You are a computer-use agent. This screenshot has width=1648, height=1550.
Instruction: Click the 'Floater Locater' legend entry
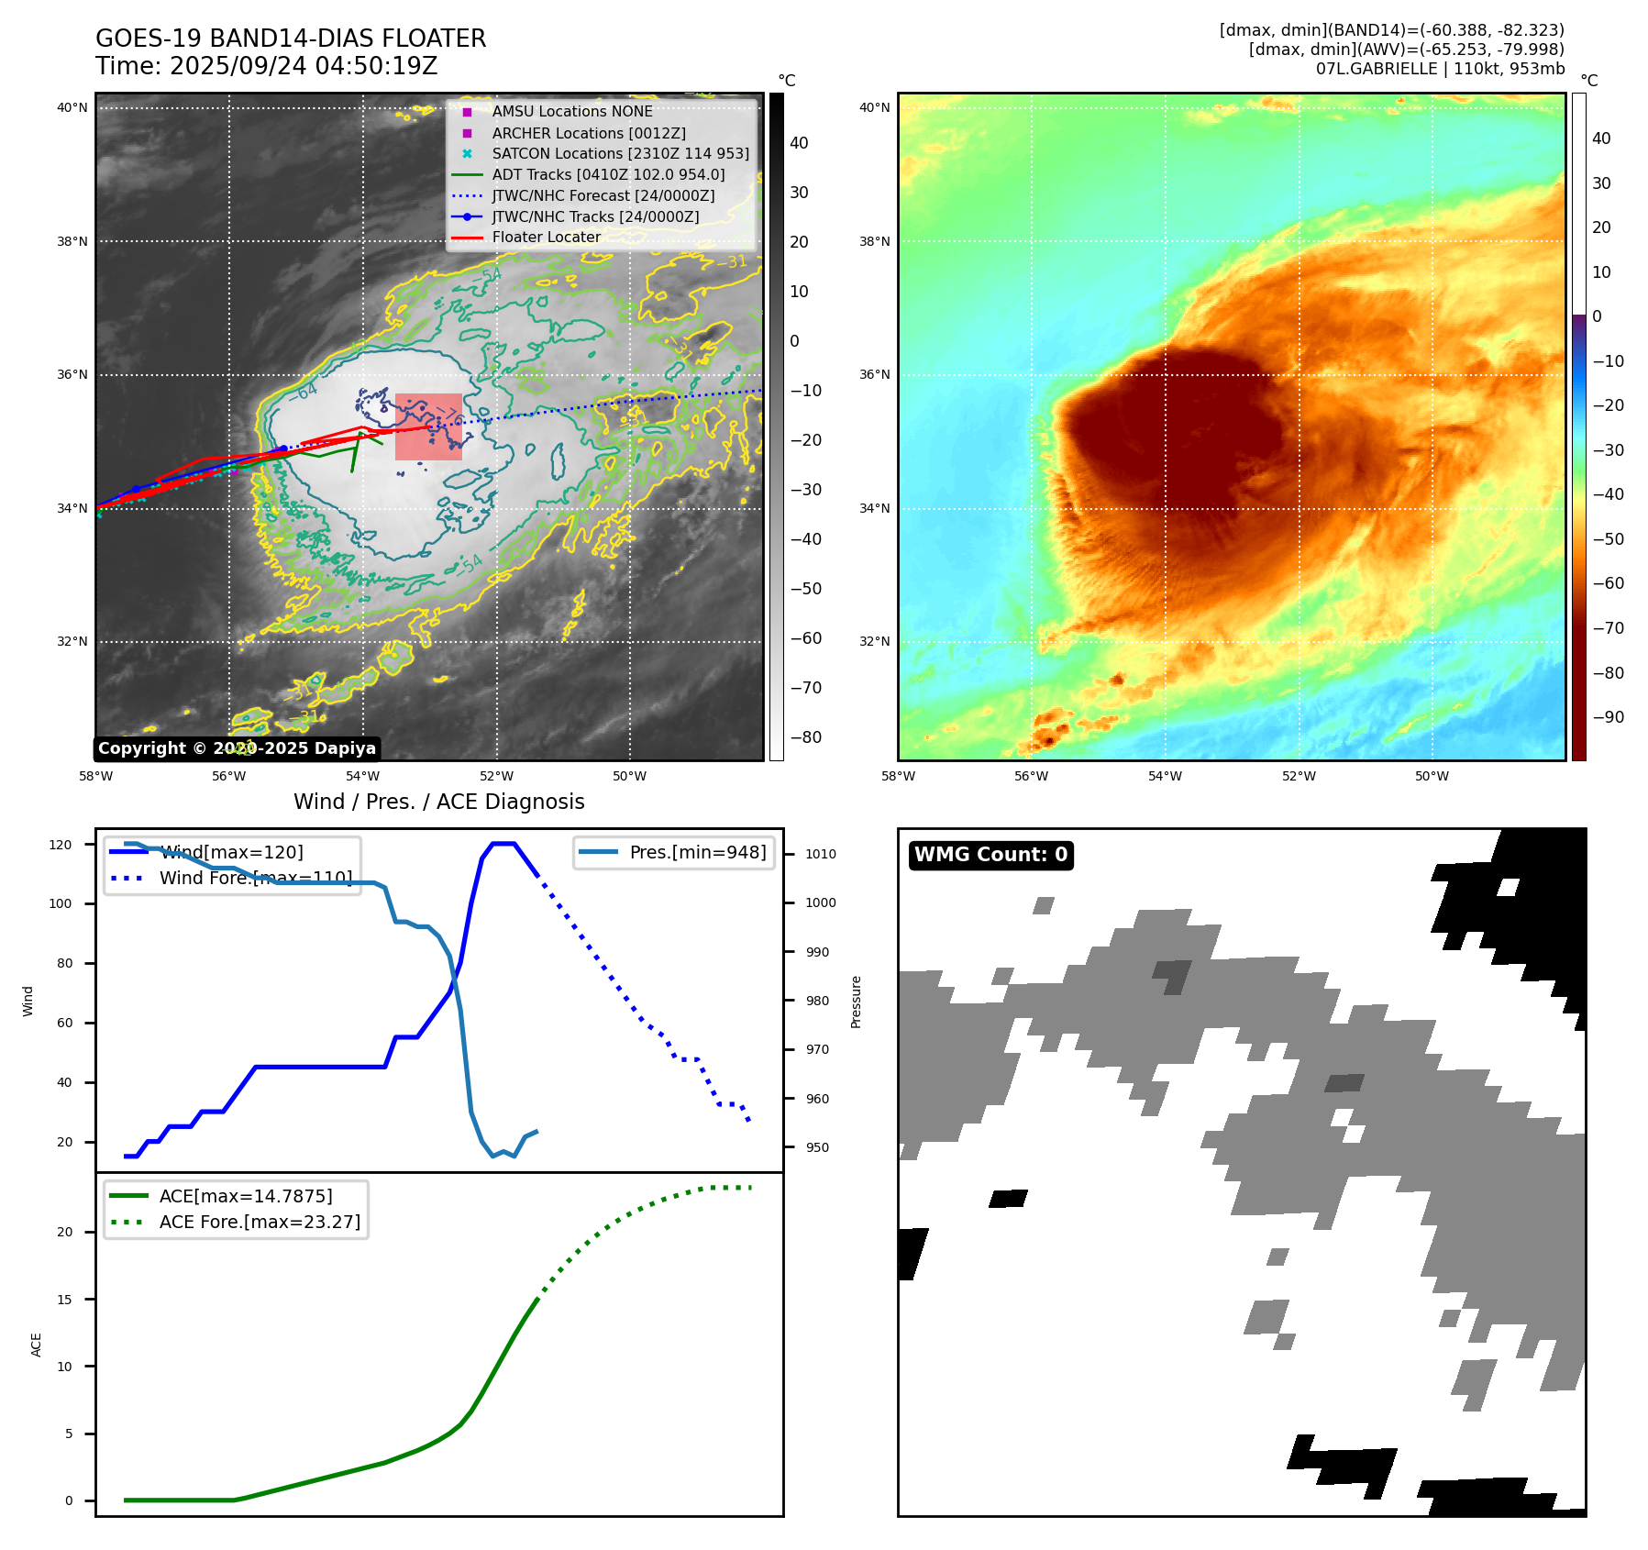546,238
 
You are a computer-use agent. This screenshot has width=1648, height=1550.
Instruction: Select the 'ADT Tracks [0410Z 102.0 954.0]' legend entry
608,174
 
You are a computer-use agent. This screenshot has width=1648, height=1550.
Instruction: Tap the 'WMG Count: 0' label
990,855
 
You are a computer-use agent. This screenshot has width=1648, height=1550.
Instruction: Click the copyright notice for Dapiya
237,748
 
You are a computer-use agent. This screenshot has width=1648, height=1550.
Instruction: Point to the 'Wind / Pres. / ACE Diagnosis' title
438,802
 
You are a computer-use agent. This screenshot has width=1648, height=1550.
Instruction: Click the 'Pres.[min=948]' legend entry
697,852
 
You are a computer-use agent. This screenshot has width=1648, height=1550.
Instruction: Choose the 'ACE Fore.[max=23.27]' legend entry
260,1222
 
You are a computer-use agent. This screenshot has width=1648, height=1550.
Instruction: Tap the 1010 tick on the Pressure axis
821,854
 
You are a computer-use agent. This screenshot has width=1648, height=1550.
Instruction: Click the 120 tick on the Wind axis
61,845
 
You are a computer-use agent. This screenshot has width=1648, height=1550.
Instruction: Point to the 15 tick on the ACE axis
65,1300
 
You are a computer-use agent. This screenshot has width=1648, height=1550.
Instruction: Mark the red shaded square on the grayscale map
428,427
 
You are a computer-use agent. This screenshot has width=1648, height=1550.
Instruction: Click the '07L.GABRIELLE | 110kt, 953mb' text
1440,69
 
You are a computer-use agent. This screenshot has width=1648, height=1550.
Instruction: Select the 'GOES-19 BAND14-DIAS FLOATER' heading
291,39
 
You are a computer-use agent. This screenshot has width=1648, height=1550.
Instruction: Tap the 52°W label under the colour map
1299,776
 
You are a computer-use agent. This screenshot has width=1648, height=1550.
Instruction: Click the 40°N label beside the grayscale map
72,107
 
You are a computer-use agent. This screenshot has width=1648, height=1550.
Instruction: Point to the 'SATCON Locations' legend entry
620,153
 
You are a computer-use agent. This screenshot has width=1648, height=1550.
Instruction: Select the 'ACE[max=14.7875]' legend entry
245,1196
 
